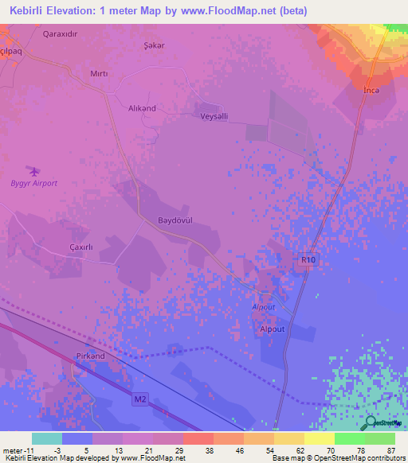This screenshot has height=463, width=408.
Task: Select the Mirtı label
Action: [x=99, y=73]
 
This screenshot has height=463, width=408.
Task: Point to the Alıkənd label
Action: [x=143, y=108]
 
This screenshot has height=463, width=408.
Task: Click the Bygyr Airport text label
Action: [x=33, y=184]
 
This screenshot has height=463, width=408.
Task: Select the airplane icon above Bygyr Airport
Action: [x=33, y=170]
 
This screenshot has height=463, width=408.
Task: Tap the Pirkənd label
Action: [x=90, y=356]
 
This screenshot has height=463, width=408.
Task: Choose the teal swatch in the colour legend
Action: [x=47, y=438]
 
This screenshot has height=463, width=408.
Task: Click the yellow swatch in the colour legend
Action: [x=319, y=438]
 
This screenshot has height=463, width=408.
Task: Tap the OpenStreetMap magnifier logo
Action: [x=370, y=424]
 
